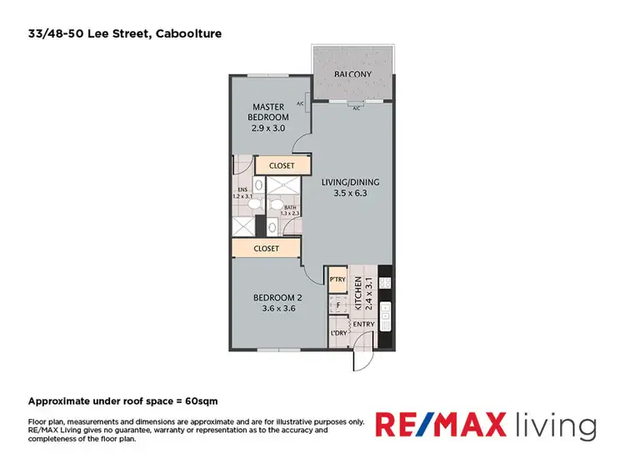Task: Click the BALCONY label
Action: tap(352, 74)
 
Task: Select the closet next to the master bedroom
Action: tap(282, 165)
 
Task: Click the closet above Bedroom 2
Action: tap(266, 248)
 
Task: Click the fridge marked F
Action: tap(337, 305)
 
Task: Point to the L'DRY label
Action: tap(338, 333)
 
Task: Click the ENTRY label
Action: tap(363, 324)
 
